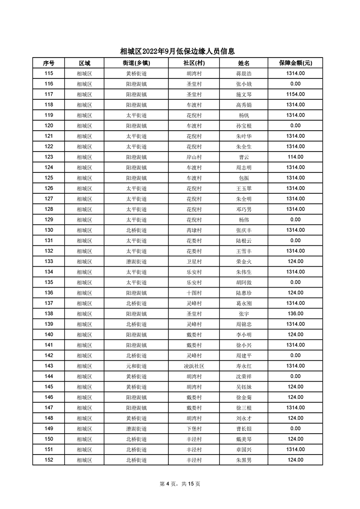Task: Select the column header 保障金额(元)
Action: [295, 63]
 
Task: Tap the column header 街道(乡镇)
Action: [136, 63]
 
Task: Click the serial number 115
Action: [49, 73]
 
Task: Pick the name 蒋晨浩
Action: [244, 73]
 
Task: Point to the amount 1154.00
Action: [295, 94]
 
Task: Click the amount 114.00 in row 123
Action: [295, 157]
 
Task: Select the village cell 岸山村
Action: [194, 157]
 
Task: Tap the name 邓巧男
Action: [244, 209]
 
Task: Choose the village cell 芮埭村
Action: [194, 230]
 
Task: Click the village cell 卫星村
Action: [194, 261]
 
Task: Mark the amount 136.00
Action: [295, 313]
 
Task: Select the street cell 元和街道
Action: [136, 366]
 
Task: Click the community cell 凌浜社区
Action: [194, 366]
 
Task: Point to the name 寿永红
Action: [244, 366]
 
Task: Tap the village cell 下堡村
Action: [194, 428]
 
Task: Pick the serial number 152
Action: [49, 460]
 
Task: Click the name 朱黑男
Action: [244, 460]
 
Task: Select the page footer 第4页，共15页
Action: [180, 484]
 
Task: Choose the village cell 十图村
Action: [194, 293]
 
